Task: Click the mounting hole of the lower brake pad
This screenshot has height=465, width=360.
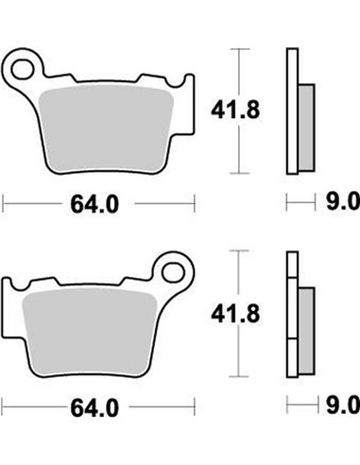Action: coord(173,272)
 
